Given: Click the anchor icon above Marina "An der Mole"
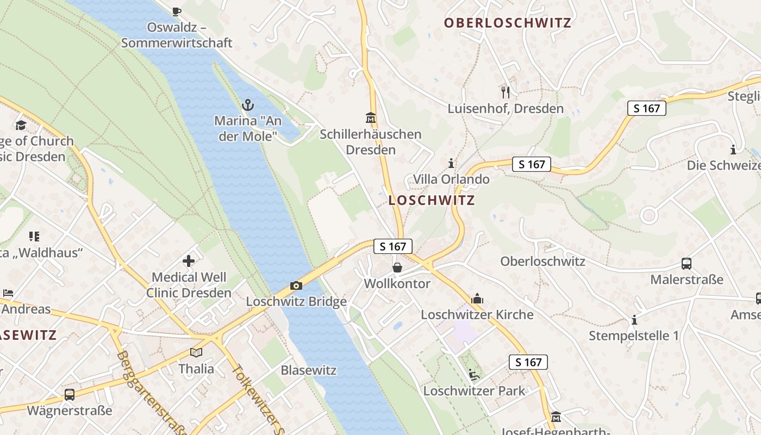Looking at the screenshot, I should [x=248, y=104].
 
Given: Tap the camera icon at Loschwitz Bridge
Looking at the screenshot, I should [x=296, y=285].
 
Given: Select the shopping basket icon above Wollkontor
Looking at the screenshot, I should [x=397, y=268].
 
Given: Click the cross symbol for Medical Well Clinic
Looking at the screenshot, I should [x=189, y=262].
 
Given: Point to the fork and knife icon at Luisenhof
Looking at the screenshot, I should [x=506, y=92].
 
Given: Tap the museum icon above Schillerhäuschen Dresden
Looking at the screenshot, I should [x=371, y=117].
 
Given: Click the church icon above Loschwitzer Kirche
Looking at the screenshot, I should [x=477, y=299].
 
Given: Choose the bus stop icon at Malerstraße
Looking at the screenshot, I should [x=687, y=264].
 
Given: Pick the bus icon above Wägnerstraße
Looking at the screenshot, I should [x=70, y=394].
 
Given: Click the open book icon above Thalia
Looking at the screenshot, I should [x=196, y=352].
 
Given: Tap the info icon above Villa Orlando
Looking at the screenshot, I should [x=451, y=163].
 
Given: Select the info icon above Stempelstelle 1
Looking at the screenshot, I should [x=634, y=320].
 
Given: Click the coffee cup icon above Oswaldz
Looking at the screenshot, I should [x=176, y=11].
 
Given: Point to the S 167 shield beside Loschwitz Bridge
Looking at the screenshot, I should [x=393, y=246].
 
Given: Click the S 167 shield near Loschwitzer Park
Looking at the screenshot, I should [x=528, y=362].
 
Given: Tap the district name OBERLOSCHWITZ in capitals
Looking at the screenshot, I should [x=508, y=23].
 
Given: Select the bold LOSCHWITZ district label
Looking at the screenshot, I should [x=432, y=200].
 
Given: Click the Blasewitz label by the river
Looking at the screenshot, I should [x=309, y=370].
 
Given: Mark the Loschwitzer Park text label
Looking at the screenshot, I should [x=474, y=390].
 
